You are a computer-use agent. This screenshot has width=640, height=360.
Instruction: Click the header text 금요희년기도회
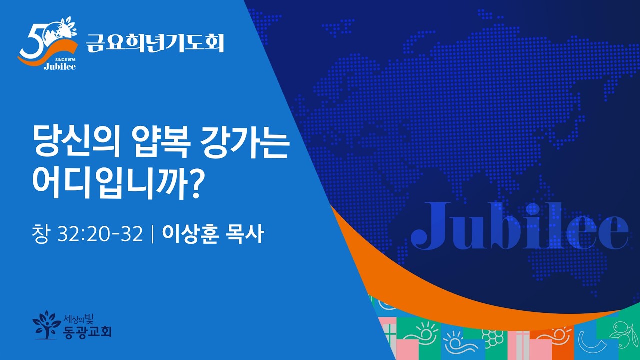155,43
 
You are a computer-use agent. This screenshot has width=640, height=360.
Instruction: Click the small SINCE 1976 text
65,59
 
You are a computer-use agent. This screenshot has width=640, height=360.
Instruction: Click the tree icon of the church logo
46,325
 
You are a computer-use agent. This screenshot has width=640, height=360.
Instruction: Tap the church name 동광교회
87,331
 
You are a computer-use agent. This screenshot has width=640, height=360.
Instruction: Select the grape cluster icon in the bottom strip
492,336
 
